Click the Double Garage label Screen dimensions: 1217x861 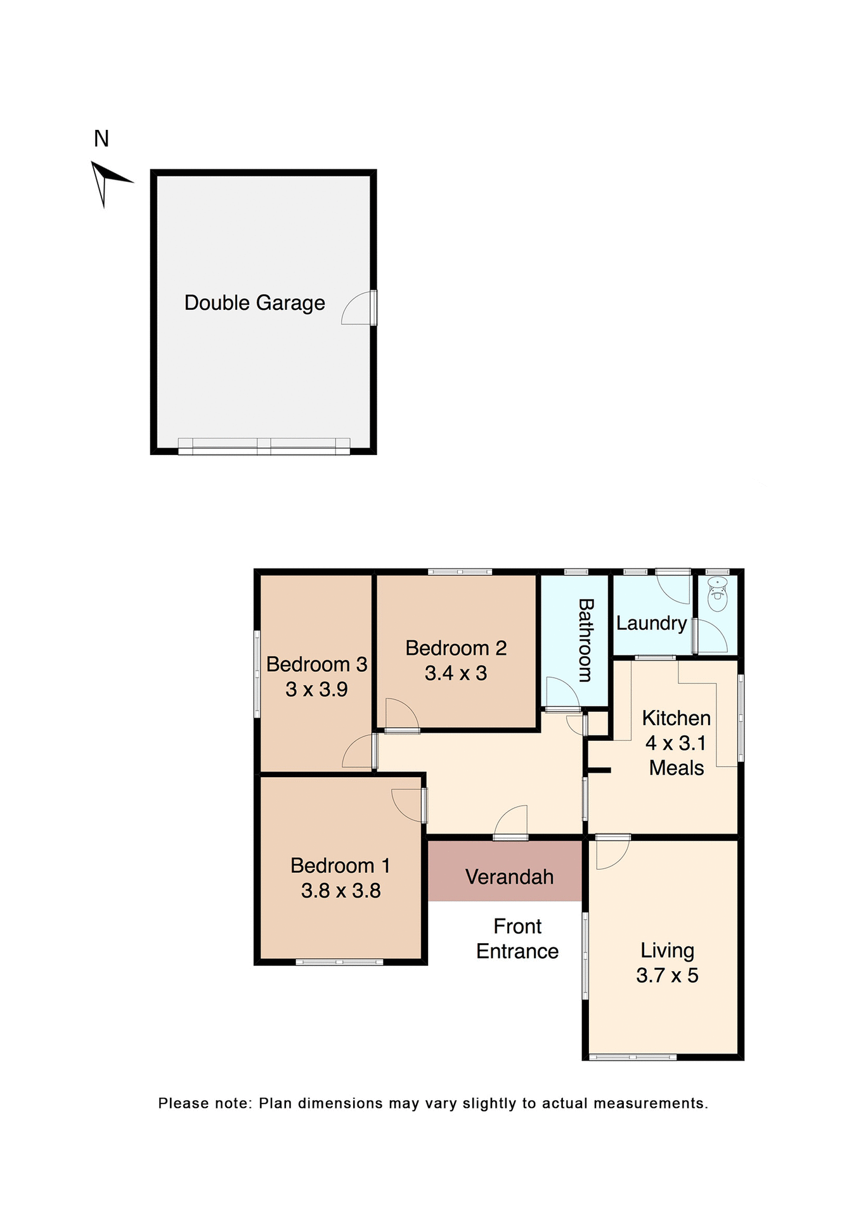pos(254,303)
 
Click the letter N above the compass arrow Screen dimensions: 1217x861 pos(101,139)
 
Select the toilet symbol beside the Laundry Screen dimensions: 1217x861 pos(717,593)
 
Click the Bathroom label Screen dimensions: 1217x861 pos(586,640)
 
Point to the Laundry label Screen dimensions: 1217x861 pos(651,623)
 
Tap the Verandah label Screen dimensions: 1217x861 pos(509,877)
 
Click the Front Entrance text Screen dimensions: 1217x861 pos(517,939)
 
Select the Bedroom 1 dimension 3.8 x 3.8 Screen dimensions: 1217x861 pos(340,891)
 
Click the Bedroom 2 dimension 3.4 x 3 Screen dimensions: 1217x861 pos(456,673)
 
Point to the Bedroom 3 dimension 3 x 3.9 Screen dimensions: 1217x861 pos(316,689)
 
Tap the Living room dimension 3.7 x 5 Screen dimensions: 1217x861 pos(667,975)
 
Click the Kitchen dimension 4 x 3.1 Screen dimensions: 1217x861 pos(675,743)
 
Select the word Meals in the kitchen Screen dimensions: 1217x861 pos(676,768)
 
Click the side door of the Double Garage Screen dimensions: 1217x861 pos(360,308)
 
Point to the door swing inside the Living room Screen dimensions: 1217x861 pos(612,853)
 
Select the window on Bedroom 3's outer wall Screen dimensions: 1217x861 pos(257,674)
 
